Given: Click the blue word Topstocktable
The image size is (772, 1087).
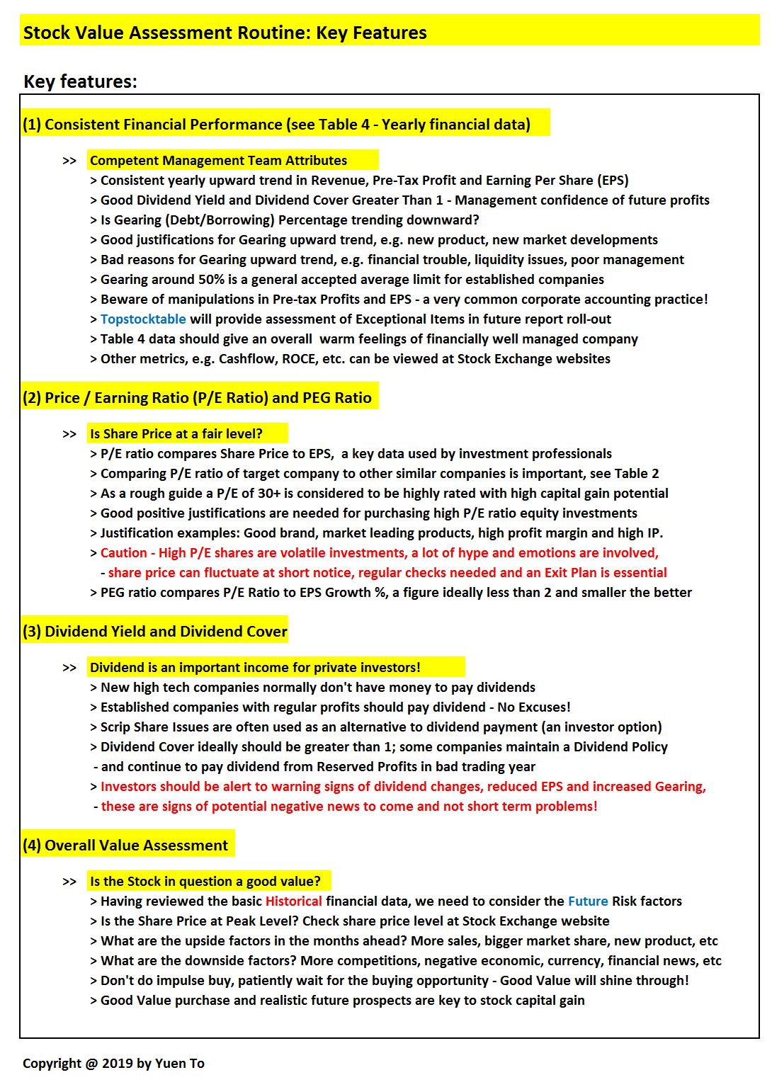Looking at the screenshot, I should (143, 319).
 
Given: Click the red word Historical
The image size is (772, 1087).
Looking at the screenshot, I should (293, 901).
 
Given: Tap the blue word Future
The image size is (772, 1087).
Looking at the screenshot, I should (588, 901).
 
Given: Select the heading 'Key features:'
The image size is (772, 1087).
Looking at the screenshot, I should (80, 81).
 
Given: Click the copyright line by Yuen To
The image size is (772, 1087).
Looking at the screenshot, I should (113, 1064).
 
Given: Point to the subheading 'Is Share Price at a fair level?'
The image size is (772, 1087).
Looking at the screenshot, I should (176, 434).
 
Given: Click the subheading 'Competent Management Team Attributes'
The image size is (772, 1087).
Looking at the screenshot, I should (218, 161).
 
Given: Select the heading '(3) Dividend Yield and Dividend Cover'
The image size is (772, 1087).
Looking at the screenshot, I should (154, 632).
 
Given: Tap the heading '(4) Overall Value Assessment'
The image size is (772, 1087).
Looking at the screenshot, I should (125, 846).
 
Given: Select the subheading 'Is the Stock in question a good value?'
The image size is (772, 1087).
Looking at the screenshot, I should (205, 882).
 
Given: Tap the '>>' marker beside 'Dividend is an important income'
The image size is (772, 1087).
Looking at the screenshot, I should (69, 668).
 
